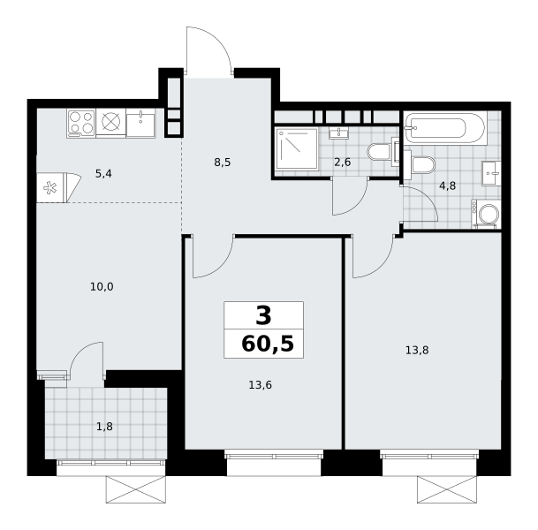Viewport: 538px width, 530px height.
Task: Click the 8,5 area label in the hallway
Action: [223, 163]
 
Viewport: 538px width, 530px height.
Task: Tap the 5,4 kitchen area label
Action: [103, 174]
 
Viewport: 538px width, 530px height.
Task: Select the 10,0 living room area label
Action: [102, 286]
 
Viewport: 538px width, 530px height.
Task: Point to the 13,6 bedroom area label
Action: [260, 385]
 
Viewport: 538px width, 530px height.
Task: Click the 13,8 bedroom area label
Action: [417, 351]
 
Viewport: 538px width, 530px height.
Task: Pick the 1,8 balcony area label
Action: [104, 427]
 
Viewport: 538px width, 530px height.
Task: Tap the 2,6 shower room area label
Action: [343, 162]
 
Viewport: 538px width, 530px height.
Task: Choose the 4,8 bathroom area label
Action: [447, 185]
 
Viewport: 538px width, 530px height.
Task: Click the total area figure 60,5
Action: [268, 344]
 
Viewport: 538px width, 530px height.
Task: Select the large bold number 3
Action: [263, 315]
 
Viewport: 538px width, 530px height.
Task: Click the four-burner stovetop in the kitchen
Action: [81, 123]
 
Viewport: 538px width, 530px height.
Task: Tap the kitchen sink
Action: [140, 123]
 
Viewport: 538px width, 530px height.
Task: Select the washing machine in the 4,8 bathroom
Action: [486, 214]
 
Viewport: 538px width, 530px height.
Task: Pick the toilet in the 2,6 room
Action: [383, 152]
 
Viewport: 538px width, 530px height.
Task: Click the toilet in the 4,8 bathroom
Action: [420, 164]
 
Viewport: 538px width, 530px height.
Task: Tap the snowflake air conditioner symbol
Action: [50, 187]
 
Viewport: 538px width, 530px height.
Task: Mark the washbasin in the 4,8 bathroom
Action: [491, 173]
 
